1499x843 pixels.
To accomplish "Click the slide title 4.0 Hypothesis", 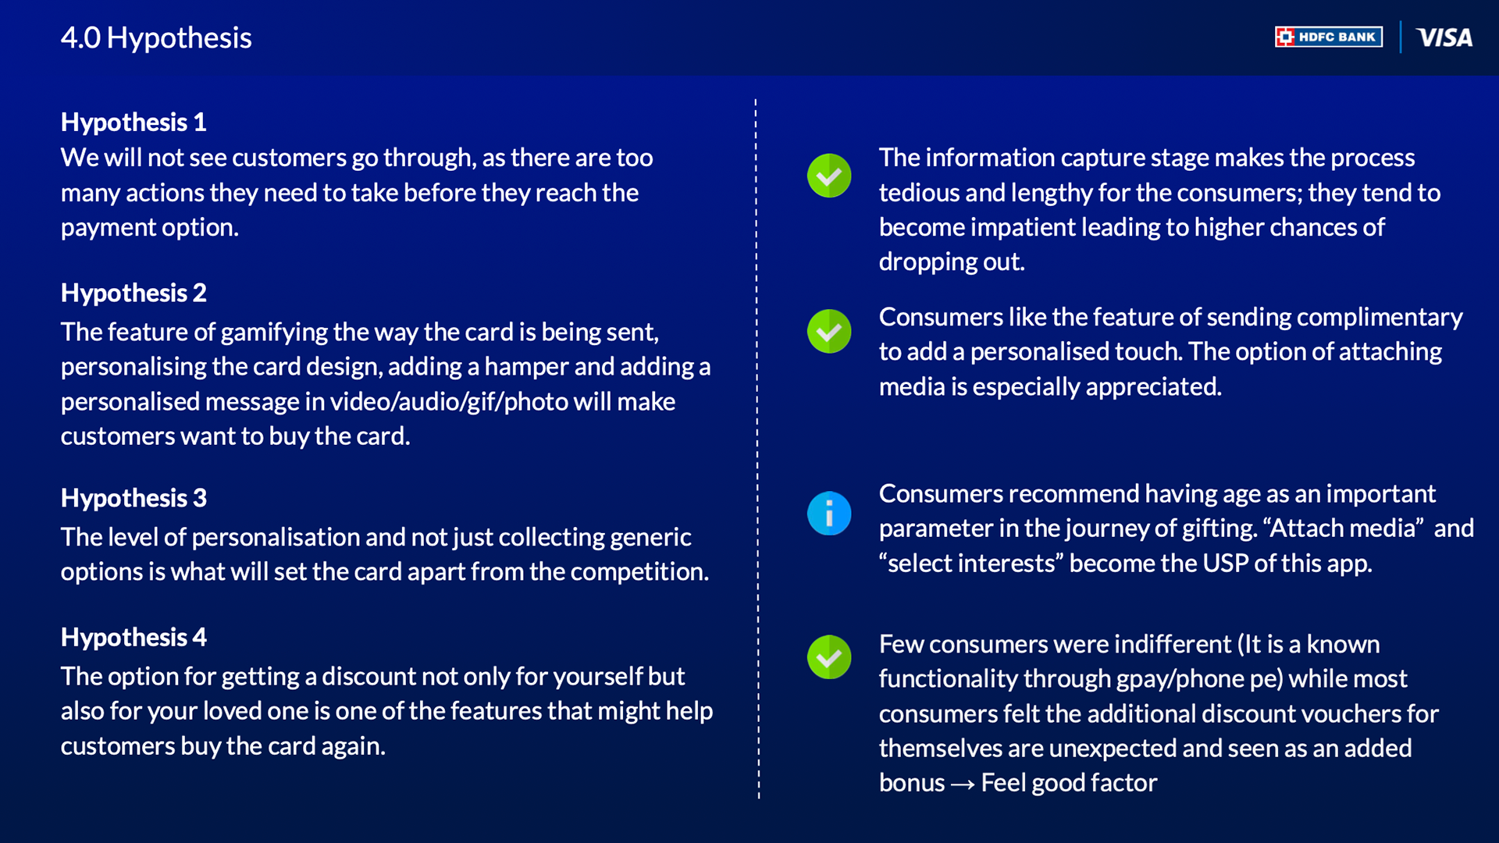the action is click(156, 37).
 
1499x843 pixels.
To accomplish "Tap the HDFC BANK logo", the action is click(1329, 37).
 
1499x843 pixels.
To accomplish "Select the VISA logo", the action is click(1444, 37).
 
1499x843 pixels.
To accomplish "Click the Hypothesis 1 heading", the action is click(134, 122).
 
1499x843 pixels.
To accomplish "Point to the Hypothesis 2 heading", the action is click(134, 293).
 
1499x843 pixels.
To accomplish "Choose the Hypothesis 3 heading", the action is click(134, 498).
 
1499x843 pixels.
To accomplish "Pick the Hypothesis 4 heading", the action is click(134, 637).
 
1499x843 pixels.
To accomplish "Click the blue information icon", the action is click(829, 514).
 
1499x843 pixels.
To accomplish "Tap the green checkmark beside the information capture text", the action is click(829, 176).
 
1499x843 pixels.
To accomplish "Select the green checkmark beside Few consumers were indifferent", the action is click(829, 657).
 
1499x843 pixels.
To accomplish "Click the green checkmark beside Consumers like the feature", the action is click(829, 332).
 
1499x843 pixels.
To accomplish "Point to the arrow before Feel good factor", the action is click(963, 784).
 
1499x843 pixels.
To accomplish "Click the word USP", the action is click(1225, 563).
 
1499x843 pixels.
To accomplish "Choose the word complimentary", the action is click(1380, 317).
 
